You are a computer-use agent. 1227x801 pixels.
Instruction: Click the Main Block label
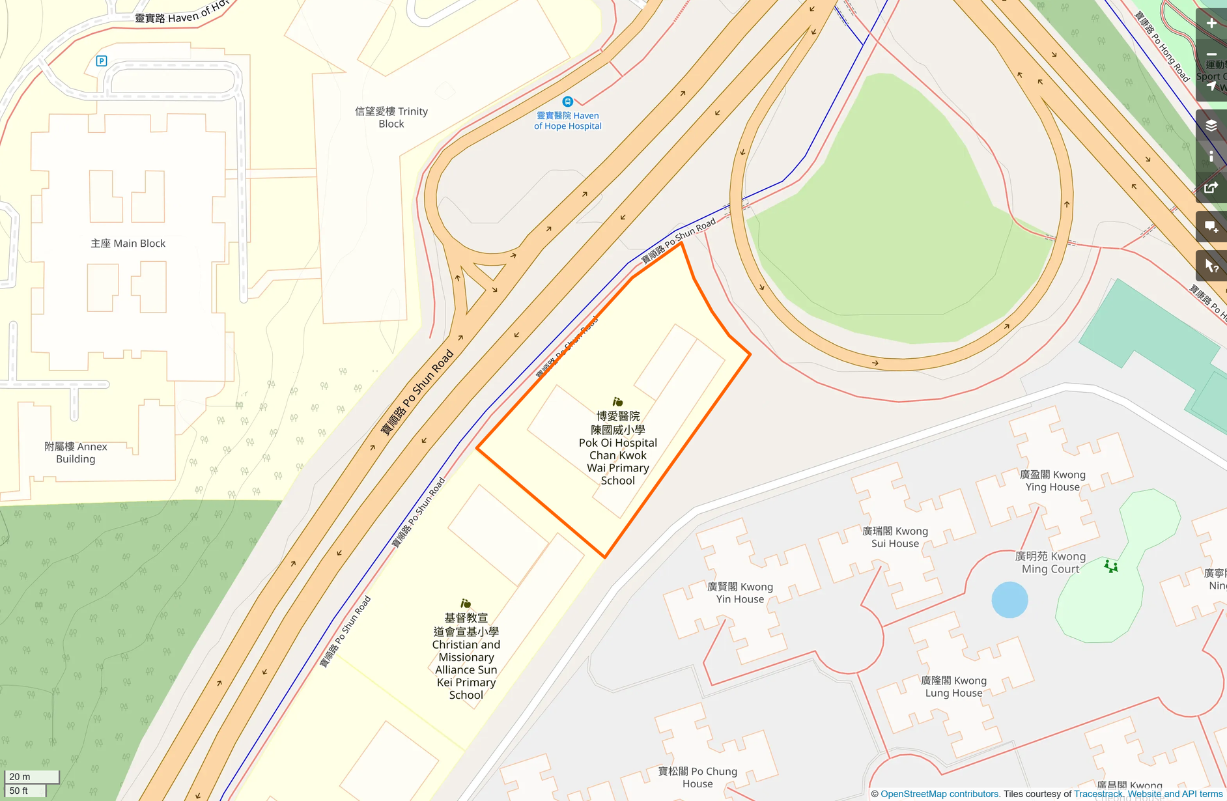pos(128,244)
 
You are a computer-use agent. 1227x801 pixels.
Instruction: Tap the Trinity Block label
pos(391,118)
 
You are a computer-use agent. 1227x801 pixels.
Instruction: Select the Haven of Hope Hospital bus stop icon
pos(567,102)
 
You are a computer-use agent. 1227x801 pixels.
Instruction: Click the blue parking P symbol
pos(102,61)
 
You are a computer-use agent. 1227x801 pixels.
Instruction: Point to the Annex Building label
pos(76,453)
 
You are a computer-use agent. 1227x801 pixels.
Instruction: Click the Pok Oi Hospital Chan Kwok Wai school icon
pos(617,402)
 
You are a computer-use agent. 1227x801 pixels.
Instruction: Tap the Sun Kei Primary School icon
pos(466,604)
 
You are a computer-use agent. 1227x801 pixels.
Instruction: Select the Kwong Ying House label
pos(1052,481)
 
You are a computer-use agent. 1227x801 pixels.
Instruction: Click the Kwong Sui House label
pos(895,537)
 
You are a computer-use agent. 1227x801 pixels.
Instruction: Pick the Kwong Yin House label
pos(740,593)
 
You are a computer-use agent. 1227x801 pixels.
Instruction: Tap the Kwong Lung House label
pos(953,686)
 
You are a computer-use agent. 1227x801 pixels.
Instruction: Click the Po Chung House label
pos(698,778)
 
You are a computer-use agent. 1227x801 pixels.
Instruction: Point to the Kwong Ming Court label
pos(1051,563)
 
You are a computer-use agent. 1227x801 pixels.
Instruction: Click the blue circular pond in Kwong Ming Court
pos(1009,600)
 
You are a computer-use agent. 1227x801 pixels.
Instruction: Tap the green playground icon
pos(1111,567)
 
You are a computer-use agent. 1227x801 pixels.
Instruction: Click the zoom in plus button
pos(1211,23)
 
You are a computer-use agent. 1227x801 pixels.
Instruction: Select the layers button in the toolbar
pos(1211,126)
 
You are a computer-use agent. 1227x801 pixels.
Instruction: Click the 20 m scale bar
pos(32,777)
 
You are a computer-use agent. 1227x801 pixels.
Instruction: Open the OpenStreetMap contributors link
pos(939,794)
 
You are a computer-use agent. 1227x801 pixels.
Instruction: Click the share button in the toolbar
pos(1211,188)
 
